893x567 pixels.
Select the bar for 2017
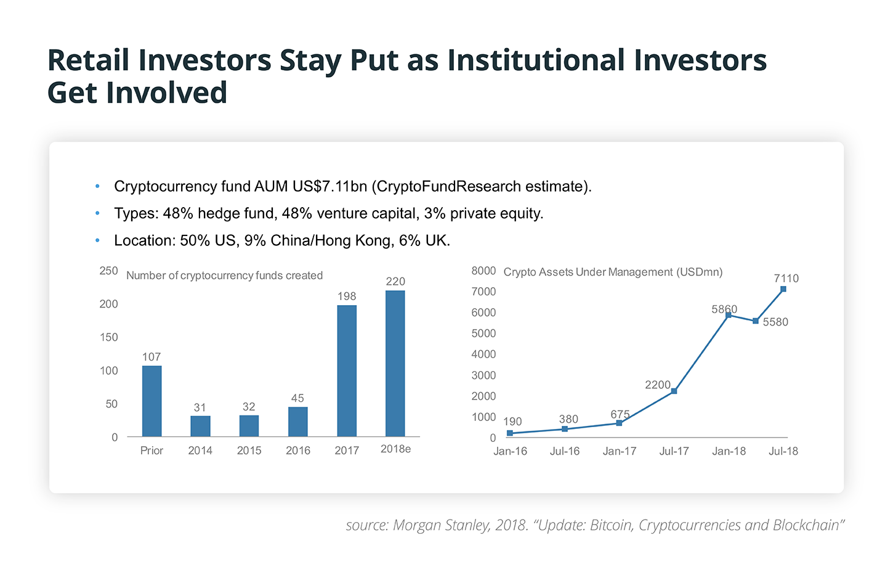(x=347, y=371)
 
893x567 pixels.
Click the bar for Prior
(x=152, y=401)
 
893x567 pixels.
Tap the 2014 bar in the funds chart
(x=200, y=426)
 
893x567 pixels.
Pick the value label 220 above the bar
(x=395, y=282)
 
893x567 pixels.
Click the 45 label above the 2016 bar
(x=297, y=398)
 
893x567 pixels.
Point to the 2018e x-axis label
(x=395, y=449)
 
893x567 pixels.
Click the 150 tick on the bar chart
(x=108, y=337)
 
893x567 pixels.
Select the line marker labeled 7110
(x=783, y=289)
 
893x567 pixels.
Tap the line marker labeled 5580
(x=756, y=321)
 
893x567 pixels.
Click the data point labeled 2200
(x=674, y=391)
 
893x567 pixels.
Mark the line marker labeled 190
(x=510, y=433)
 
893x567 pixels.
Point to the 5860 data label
(x=724, y=309)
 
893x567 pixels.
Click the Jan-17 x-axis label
(x=620, y=451)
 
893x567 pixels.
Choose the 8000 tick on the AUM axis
(x=483, y=271)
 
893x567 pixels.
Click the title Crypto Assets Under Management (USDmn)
(x=613, y=272)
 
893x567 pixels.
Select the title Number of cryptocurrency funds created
(x=224, y=275)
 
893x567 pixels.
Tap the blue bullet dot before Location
(x=97, y=240)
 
